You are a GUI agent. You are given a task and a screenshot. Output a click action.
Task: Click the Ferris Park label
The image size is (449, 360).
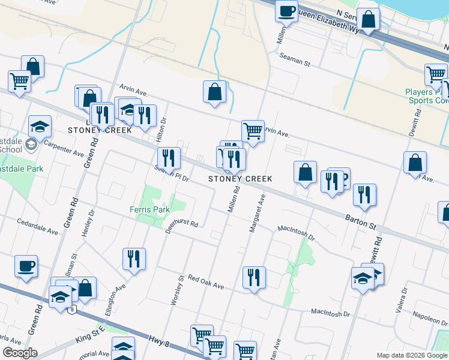[x=149, y=209]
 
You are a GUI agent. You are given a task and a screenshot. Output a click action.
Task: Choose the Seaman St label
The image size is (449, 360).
[x=294, y=59]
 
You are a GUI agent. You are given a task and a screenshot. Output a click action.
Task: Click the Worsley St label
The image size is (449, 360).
[x=177, y=290]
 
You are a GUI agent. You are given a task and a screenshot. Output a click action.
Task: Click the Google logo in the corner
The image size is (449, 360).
[x=20, y=353]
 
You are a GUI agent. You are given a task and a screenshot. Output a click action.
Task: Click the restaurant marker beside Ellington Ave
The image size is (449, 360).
[x=134, y=259]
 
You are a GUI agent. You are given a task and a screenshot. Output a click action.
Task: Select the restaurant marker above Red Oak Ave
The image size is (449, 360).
[x=254, y=277]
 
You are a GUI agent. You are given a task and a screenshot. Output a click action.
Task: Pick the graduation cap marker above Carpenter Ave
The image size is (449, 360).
[x=40, y=127]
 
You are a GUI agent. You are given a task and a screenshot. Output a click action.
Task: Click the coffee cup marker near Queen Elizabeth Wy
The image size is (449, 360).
[x=286, y=10]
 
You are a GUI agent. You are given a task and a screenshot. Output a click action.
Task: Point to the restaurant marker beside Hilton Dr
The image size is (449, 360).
[x=169, y=158]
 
